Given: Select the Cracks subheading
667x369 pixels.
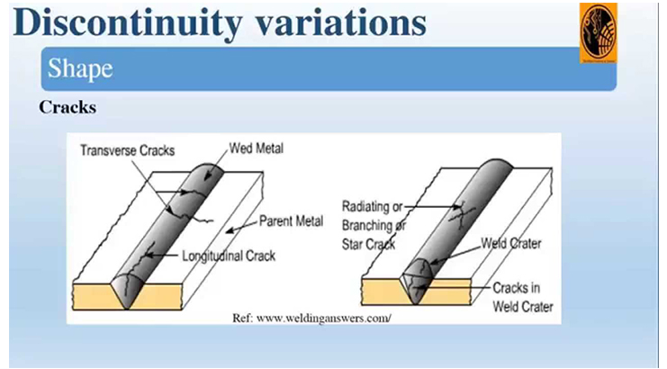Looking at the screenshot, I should (68, 107).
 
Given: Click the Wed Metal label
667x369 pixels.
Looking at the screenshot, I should (257, 148).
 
